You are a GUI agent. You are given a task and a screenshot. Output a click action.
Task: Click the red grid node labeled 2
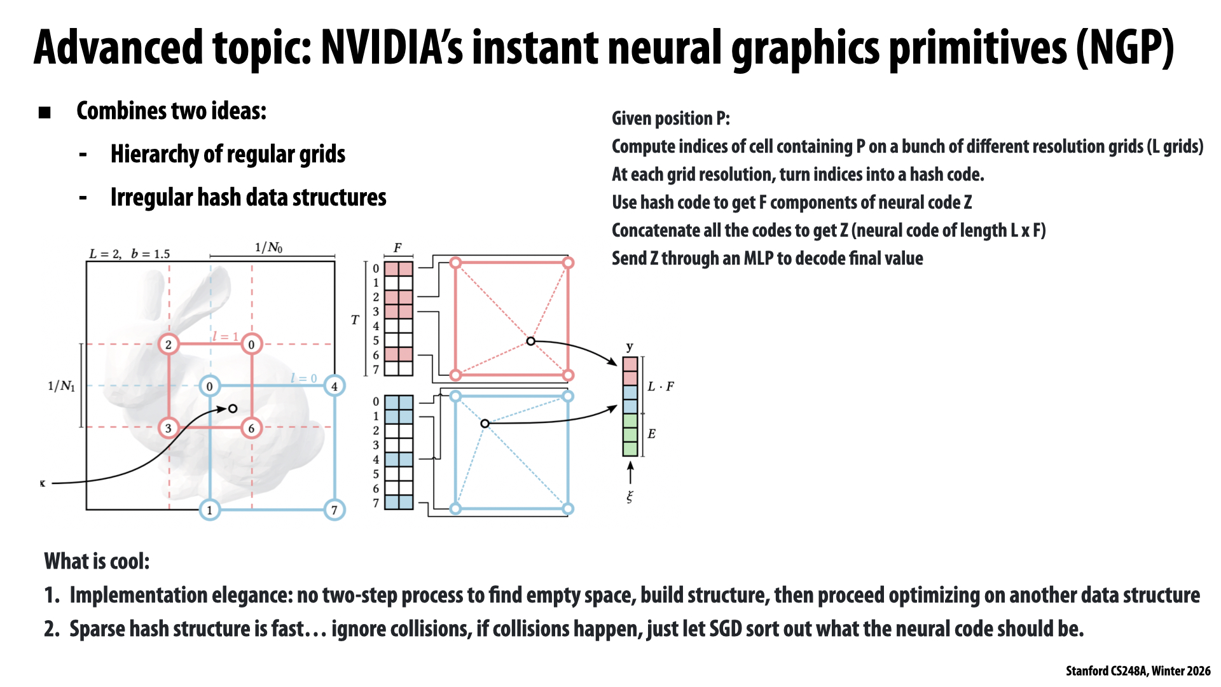tap(169, 344)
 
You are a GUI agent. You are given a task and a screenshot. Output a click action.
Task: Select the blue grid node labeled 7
tap(335, 510)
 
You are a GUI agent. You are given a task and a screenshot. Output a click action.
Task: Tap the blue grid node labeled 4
tap(335, 385)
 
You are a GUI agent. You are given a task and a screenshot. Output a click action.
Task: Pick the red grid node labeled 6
tap(251, 428)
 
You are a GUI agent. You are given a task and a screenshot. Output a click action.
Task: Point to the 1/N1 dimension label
tap(61, 386)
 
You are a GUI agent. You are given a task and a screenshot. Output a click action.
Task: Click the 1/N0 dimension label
tap(268, 247)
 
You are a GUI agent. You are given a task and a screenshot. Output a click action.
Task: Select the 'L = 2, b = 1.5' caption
tap(130, 254)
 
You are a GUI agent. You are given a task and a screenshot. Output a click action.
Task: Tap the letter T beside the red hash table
tap(355, 320)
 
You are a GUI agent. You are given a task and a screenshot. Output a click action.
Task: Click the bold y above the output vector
tap(630, 347)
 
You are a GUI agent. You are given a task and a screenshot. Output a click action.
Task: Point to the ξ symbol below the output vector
tap(630, 497)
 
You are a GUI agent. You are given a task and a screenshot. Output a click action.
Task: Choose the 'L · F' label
tap(661, 386)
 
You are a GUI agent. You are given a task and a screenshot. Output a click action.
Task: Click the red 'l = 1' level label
tap(225, 336)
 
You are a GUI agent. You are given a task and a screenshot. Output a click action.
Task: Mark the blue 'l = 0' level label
tap(303, 378)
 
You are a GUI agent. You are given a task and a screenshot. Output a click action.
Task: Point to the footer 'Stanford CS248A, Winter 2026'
tap(1138, 671)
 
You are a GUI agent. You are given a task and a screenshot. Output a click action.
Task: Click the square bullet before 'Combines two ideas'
tap(45, 113)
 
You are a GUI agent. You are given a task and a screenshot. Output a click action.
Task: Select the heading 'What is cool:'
tap(97, 561)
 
